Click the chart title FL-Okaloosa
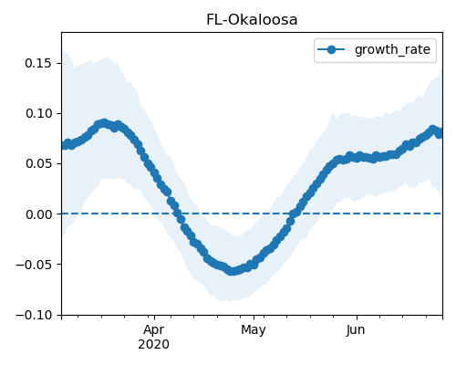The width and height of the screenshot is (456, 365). [252, 20]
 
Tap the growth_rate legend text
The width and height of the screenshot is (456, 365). [392, 49]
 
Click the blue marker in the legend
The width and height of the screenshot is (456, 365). [331, 49]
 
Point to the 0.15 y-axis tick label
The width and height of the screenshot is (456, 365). [38, 63]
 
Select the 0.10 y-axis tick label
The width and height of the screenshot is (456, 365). [38, 113]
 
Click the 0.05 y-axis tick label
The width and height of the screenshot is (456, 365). [38, 163]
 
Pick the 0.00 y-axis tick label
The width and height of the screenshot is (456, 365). [38, 214]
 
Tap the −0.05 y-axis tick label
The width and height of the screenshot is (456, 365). [34, 265]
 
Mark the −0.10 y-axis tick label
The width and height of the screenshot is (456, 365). [34, 315]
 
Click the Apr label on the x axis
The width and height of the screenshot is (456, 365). [154, 330]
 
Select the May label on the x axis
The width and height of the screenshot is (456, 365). [254, 330]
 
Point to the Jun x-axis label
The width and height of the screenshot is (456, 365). [356, 330]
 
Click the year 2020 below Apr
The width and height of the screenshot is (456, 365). [154, 344]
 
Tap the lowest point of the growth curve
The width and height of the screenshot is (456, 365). [232, 271]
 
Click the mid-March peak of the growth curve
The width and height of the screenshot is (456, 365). [104, 123]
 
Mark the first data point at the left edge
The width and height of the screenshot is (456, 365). [64, 145]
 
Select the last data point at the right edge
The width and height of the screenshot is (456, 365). [440, 133]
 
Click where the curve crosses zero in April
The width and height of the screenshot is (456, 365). [179, 214]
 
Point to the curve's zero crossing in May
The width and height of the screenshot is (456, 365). [294, 214]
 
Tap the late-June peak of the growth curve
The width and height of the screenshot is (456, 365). [432, 130]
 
